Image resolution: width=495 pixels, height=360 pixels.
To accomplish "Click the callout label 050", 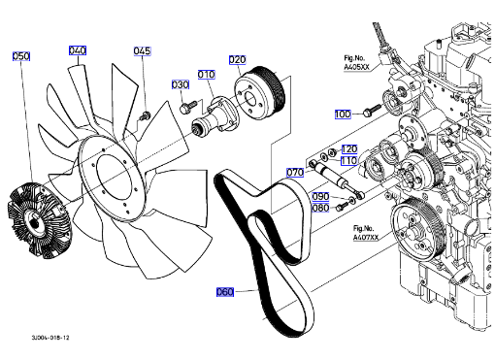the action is [x=21, y=56].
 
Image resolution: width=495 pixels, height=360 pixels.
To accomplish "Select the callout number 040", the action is [x=78, y=50].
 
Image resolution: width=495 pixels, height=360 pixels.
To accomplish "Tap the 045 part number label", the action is [x=142, y=51].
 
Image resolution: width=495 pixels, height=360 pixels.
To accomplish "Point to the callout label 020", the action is [x=237, y=60].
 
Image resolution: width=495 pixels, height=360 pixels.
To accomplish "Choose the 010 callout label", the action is [x=206, y=75].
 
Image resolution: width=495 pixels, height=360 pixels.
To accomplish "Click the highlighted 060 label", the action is [x=225, y=292].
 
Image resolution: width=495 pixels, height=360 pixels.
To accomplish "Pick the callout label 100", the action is [x=343, y=115].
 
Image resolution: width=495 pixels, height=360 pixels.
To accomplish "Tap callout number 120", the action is [x=349, y=149].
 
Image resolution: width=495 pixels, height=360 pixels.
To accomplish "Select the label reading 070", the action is [x=295, y=173].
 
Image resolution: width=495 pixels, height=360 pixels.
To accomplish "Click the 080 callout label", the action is [x=320, y=208].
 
